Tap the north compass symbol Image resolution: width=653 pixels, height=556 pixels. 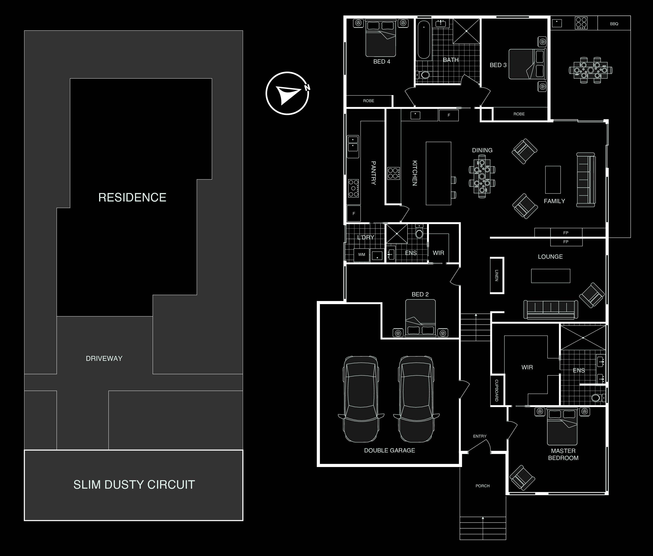coord(287,93)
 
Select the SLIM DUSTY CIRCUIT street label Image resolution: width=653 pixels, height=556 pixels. coord(134,485)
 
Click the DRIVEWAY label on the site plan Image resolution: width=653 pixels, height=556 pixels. coord(104,358)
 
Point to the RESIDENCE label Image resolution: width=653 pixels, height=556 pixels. coord(132,198)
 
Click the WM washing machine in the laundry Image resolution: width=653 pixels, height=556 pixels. coord(362,255)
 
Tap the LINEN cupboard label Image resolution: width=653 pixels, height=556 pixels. coord(496,275)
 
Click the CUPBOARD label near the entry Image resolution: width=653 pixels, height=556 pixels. coord(496,390)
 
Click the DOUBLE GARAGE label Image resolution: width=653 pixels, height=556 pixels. coord(390,450)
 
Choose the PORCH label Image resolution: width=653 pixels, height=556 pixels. coord(483,486)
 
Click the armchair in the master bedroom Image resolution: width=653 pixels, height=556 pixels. coord(522,478)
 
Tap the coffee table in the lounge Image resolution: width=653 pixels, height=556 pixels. coord(551,276)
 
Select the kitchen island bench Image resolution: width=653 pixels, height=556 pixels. coord(438,173)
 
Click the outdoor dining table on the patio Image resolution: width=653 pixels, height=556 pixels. coord(591,70)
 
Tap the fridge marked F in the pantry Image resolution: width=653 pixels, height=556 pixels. coord(354,214)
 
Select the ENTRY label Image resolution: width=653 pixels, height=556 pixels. coord(480,436)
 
